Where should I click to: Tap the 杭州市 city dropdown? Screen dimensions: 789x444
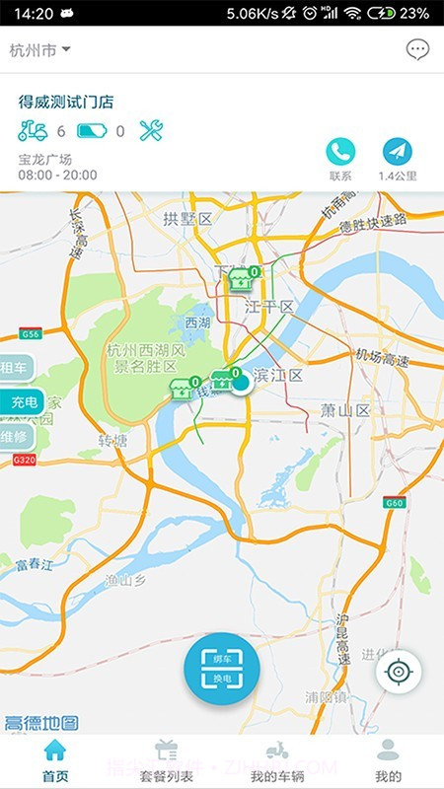(x=39, y=49)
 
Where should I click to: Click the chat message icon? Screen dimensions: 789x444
(x=417, y=49)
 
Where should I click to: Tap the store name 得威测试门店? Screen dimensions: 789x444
(x=67, y=102)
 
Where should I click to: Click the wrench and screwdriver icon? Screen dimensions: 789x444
(x=151, y=130)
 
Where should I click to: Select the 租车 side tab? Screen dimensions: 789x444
(x=17, y=369)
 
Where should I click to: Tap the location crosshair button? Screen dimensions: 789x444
(x=399, y=672)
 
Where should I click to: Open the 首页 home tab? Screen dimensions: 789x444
(x=55, y=760)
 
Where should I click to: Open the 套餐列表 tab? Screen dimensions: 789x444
(x=166, y=760)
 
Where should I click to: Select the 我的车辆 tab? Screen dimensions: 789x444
(x=277, y=760)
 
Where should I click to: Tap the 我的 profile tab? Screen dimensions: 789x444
(x=389, y=760)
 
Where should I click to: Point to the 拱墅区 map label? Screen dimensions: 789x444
(x=187, y=219)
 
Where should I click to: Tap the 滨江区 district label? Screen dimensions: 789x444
(x=278, y=376)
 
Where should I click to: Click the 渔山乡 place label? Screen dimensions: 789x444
(x=126, y=581)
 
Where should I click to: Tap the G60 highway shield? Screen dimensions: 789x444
(x=396, y=503)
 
